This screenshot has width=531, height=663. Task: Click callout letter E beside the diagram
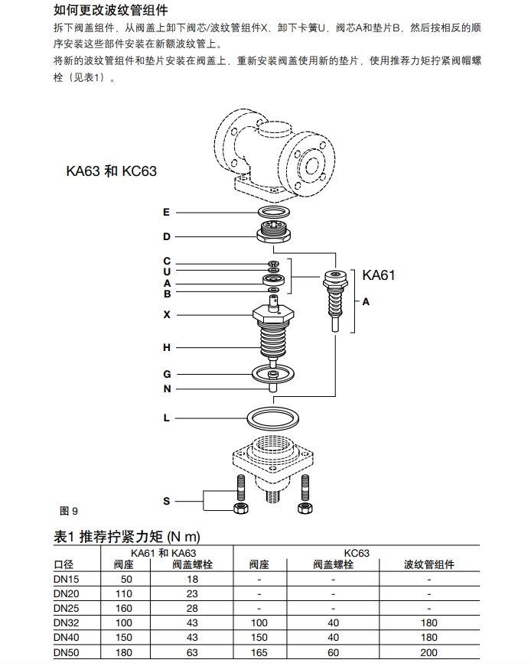click(x=167, y=212)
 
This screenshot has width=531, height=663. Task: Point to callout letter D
click(x=167, y=237)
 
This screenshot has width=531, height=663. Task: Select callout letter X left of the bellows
click(x=167, y=314)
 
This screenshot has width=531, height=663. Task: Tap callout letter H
click(x=167, y=348)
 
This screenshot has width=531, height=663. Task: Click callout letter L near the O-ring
click(x=167, y=418)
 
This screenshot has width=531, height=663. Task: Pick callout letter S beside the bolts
click(x=167, y=501)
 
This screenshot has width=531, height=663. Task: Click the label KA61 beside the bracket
click(x=379, y=275)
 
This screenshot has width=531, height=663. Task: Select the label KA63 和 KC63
click(x=111, y=171)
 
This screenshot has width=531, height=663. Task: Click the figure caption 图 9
click(x=69, y=511)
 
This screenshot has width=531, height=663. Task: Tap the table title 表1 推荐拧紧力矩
click(x=127, y=536)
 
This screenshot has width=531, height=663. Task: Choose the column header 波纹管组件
click(x=429, y=565)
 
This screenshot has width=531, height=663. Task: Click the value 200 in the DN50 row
click(x=429, y=652)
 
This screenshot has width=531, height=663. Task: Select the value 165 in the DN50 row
click(x=259, y=652)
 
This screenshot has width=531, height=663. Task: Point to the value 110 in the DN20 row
click(x=124, y=594)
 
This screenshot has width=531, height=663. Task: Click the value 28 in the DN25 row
click(x=192, y=609)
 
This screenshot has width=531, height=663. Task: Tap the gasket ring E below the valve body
click(x=274, y=211)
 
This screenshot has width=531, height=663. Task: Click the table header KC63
click(x=357, y=551)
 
